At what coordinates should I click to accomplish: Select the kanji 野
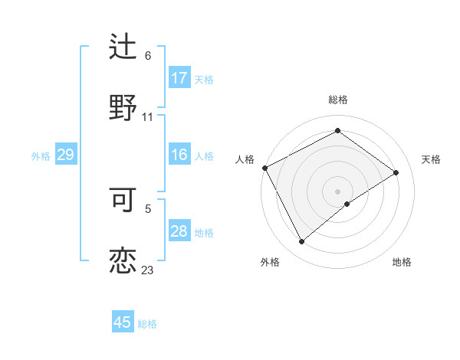coord(123,106)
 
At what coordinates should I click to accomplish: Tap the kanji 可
coord(123,199)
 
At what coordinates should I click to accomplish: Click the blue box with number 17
coord(179,78)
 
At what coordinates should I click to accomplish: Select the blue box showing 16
coord(179,155)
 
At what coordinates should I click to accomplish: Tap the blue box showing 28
coord(179,232)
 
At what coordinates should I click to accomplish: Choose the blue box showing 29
coord(65,155)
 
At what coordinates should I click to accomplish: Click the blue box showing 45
coord(123,322)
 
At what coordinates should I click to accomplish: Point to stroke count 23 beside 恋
coord(147,270)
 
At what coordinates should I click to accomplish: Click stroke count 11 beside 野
coord(148,116)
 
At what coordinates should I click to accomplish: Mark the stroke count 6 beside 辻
coord(148,56)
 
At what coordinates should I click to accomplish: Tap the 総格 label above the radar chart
coord(338,100)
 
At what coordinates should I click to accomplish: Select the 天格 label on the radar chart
coord(432,159)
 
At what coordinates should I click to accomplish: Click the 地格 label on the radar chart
coord(402,262)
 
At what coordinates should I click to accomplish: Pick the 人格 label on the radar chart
coord(245,159)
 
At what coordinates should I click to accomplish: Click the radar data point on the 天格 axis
coord(396,172)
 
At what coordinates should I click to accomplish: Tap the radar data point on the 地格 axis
coord(347,204)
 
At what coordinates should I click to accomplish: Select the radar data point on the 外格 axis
coord(301,242)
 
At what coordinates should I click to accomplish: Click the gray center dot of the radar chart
coord(337,191)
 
